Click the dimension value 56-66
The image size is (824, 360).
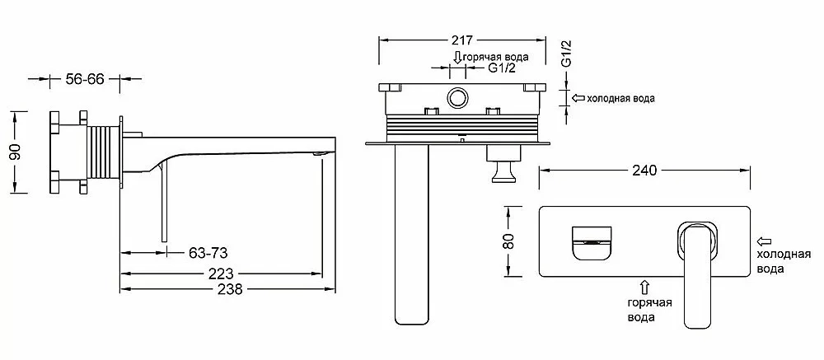click(85, 79)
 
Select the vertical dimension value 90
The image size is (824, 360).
click(16, 152)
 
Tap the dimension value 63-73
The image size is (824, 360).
click(208, 253)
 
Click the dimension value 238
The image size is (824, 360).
click(230, 289)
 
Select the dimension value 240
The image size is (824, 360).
click(645, 171)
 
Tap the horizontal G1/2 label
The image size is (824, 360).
click(501, 68)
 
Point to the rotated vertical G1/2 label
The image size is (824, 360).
click(567, 53)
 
